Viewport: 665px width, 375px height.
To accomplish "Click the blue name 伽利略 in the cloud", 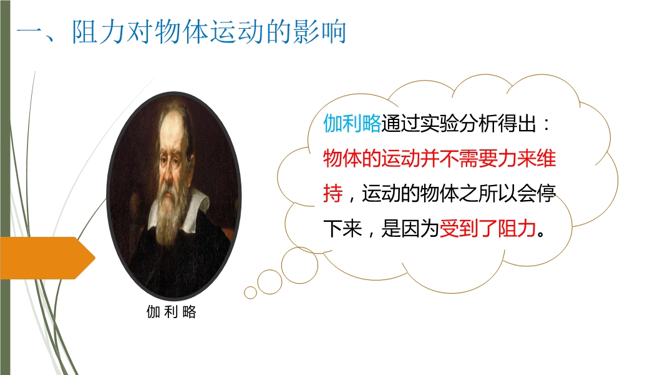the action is [x=352, y=124].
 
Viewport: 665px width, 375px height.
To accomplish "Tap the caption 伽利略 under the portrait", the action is [x=172, y=312].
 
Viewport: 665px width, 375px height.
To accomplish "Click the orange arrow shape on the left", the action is [x=47, y=257].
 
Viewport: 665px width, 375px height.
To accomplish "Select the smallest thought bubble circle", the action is [x=250, y=292].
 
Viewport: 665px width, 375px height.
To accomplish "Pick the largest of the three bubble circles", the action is [x=299, y=265].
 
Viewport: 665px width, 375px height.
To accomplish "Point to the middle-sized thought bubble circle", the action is [x=269, y=282].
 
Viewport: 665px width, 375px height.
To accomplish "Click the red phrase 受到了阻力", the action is [x=488, y=229].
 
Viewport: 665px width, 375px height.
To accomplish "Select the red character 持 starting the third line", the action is [x=332, y=194].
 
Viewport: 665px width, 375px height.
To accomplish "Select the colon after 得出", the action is [x=546, y=124].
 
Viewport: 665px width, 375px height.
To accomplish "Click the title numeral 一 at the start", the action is [x=30, y=32].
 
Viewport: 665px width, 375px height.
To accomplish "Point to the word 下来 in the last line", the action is [x=342, y=229].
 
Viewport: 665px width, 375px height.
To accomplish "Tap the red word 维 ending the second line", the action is [x=546, y=158].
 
